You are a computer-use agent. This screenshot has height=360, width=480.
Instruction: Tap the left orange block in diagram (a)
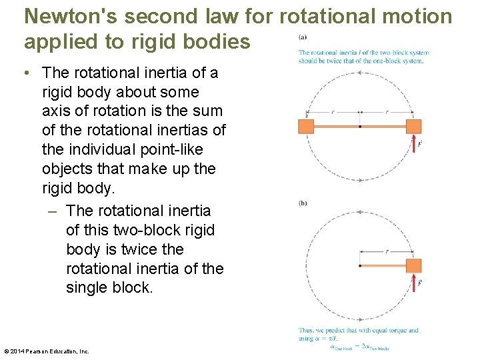tap(306, 126)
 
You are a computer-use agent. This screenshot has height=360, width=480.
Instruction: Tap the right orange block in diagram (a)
tap(413, 126)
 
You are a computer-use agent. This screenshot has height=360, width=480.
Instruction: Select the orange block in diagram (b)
tap(413, 265)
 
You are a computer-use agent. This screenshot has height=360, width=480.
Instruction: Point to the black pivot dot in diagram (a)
tap(360, 126)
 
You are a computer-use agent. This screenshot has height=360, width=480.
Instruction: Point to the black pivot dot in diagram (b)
tap(360, 265)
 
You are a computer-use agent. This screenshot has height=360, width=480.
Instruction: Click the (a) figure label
tap(303, 37)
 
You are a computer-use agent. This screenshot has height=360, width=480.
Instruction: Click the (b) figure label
tap(303, 203)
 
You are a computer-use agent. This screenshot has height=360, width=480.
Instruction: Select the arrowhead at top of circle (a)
tap(360, 73)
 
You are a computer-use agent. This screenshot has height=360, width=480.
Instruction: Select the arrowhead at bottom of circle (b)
tap(360, 319)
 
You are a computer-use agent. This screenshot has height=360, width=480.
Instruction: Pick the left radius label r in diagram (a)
tap(333, 111)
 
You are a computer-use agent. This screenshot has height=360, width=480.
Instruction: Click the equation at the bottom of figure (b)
tap(359, 346)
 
